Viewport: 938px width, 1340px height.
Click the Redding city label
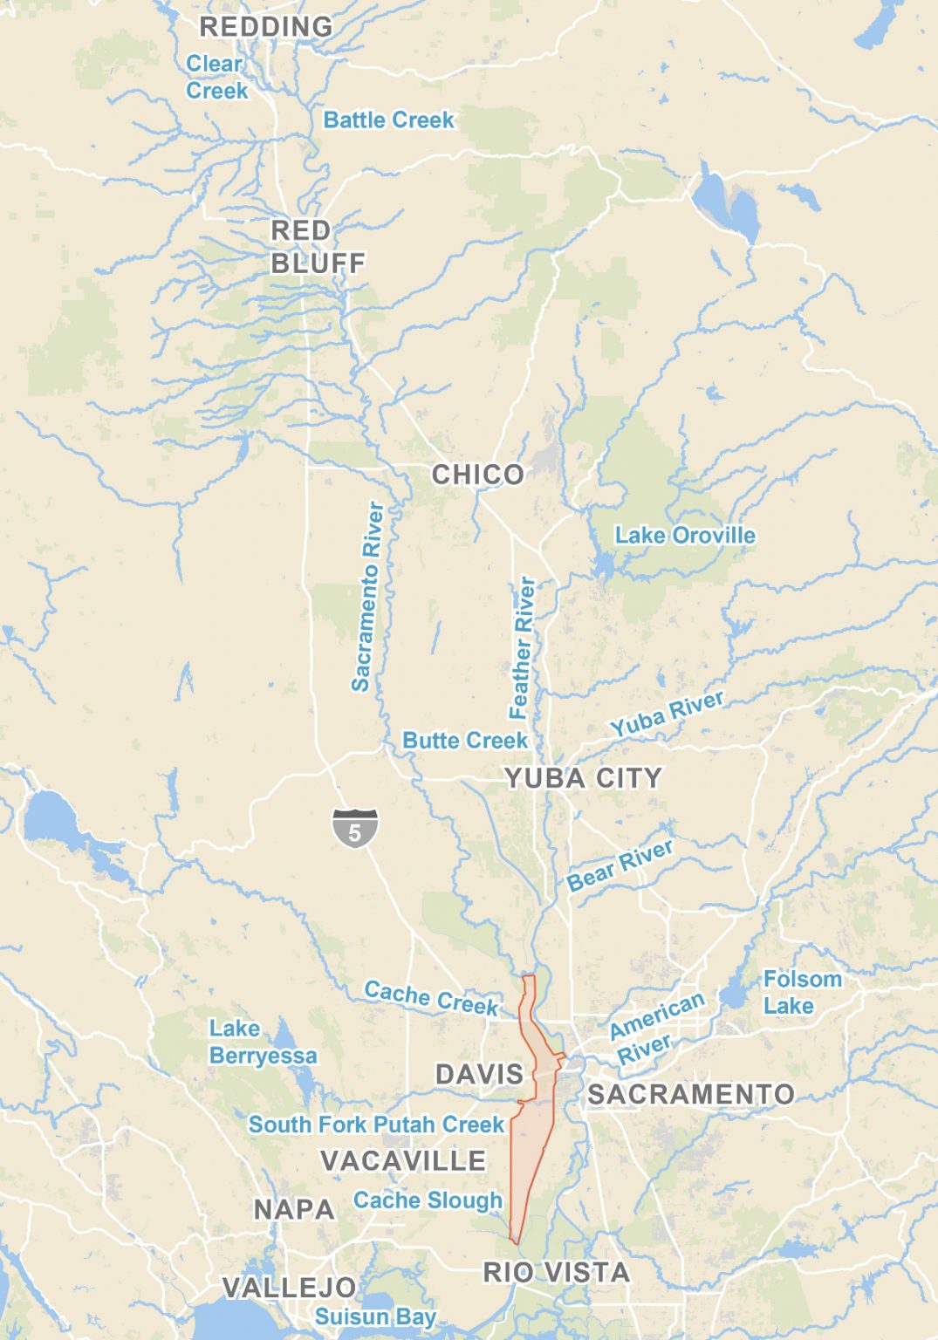(x=266, y=27)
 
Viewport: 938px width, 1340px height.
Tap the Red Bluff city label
(x=316, y=247)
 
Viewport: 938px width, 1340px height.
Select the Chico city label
(x=478, y=475)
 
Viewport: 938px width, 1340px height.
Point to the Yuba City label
(x=583, y=778)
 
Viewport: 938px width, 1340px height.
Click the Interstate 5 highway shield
(x=355, y=828)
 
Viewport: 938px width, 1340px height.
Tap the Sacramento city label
(x=690, y=1094)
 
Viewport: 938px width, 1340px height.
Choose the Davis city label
(x=479, y=1074)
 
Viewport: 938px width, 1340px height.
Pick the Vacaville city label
(x=403, y=1160)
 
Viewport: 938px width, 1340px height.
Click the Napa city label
(x=294, y=1209)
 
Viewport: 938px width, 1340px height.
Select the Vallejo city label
(x=289, y=1287)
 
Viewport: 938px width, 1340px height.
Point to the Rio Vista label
(x=556, y=1272)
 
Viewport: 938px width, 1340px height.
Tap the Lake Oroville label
(x=685, y=535)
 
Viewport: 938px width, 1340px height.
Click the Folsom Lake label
(x=802, y=992)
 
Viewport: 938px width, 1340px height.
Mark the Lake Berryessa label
(x=262, y=1043)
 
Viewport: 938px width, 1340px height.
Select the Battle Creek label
(x=388, y=120)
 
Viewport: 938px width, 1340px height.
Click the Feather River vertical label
(x=523, y=647)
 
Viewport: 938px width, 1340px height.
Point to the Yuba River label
(x=667, y=714)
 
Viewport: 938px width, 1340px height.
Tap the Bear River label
(x=620, y=865)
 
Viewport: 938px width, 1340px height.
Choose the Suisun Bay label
(x=375, y=1316)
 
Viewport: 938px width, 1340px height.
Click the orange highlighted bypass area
(x=532, y=1152)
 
